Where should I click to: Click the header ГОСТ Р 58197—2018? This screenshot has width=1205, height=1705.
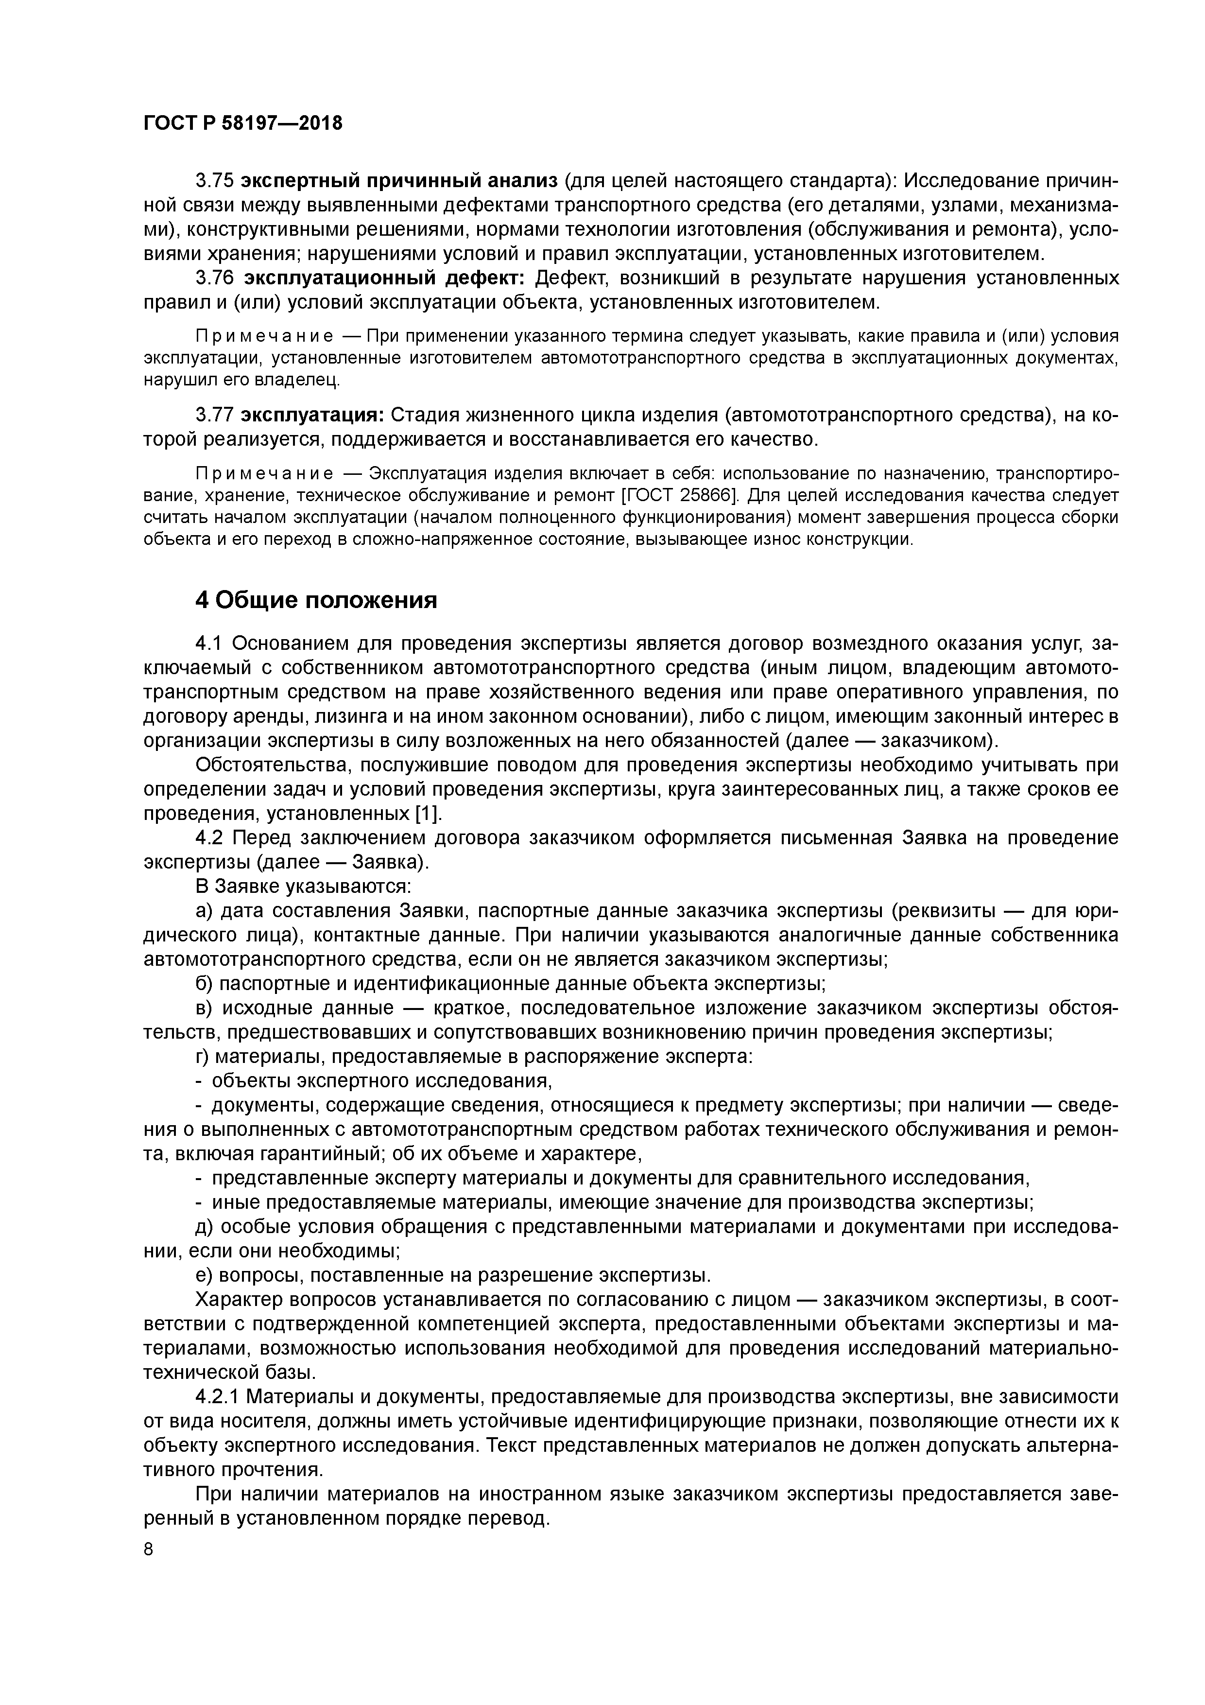point(243,123)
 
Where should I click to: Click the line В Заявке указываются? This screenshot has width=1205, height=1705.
point(303,886)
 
